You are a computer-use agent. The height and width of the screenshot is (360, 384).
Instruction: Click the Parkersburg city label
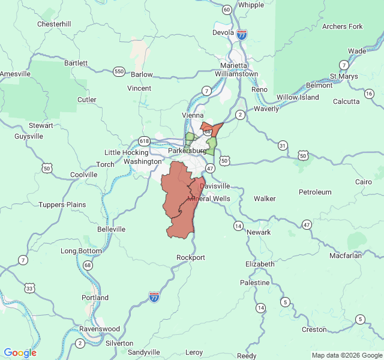pos(187,151)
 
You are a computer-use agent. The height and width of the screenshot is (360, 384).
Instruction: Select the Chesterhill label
pos(54,24)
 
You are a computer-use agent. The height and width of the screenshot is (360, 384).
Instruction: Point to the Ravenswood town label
pos(100,329)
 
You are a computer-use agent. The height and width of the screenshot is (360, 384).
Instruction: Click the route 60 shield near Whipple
pos(226,10)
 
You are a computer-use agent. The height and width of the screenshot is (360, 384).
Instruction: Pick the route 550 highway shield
pos(119,71)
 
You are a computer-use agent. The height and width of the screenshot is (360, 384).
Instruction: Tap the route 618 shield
pos(144,141)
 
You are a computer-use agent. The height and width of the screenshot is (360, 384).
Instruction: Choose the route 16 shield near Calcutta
pos(369,94)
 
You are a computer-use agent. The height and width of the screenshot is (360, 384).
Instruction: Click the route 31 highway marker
pos(283,145)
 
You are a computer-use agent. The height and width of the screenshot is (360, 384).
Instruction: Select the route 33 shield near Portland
pos(29,289)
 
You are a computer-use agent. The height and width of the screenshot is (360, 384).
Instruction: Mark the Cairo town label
pos(363,182)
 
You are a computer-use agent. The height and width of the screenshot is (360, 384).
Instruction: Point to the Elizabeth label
pos(260,264)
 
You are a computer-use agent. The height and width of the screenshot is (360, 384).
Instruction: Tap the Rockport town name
pos(190,257)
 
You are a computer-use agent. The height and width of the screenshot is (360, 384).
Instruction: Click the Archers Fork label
pos(343,26)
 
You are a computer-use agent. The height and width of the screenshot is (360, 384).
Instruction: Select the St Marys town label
pos(344,77)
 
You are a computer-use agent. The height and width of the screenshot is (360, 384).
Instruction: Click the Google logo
pos(20,353)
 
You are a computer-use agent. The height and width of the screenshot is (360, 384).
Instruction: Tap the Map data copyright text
pos(346,355)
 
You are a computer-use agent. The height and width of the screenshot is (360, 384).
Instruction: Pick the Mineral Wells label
pos(209,199)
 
